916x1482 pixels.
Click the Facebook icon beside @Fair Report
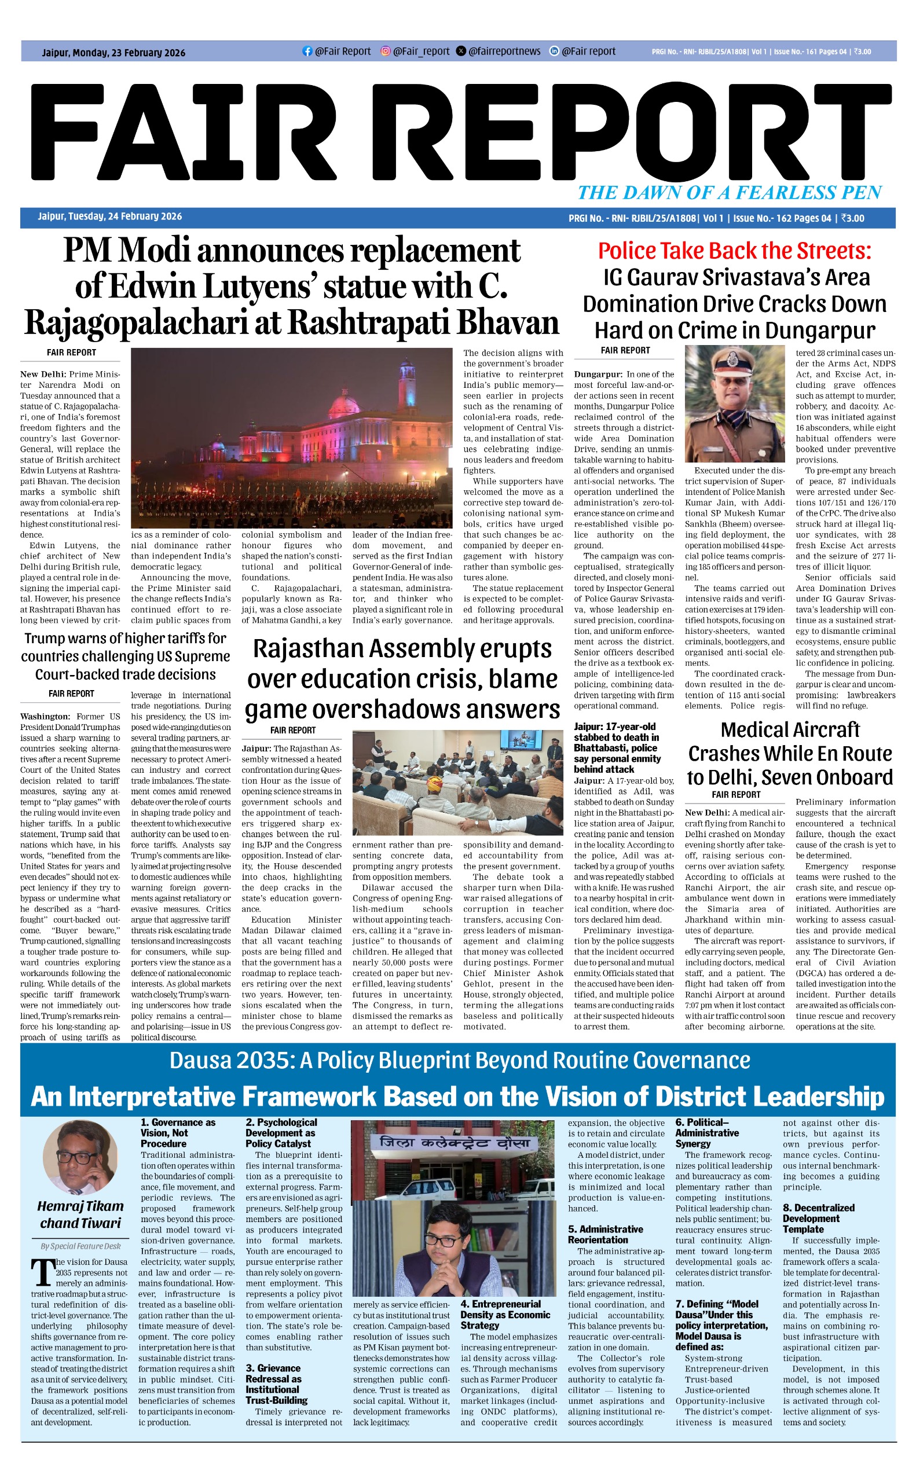pos(307,52)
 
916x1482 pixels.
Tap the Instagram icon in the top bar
pos(385,52)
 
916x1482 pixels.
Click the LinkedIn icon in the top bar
pos(554,52)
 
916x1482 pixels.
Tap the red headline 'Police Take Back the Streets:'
pos(734,251)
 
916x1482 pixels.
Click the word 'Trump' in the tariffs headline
pos(47,639)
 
